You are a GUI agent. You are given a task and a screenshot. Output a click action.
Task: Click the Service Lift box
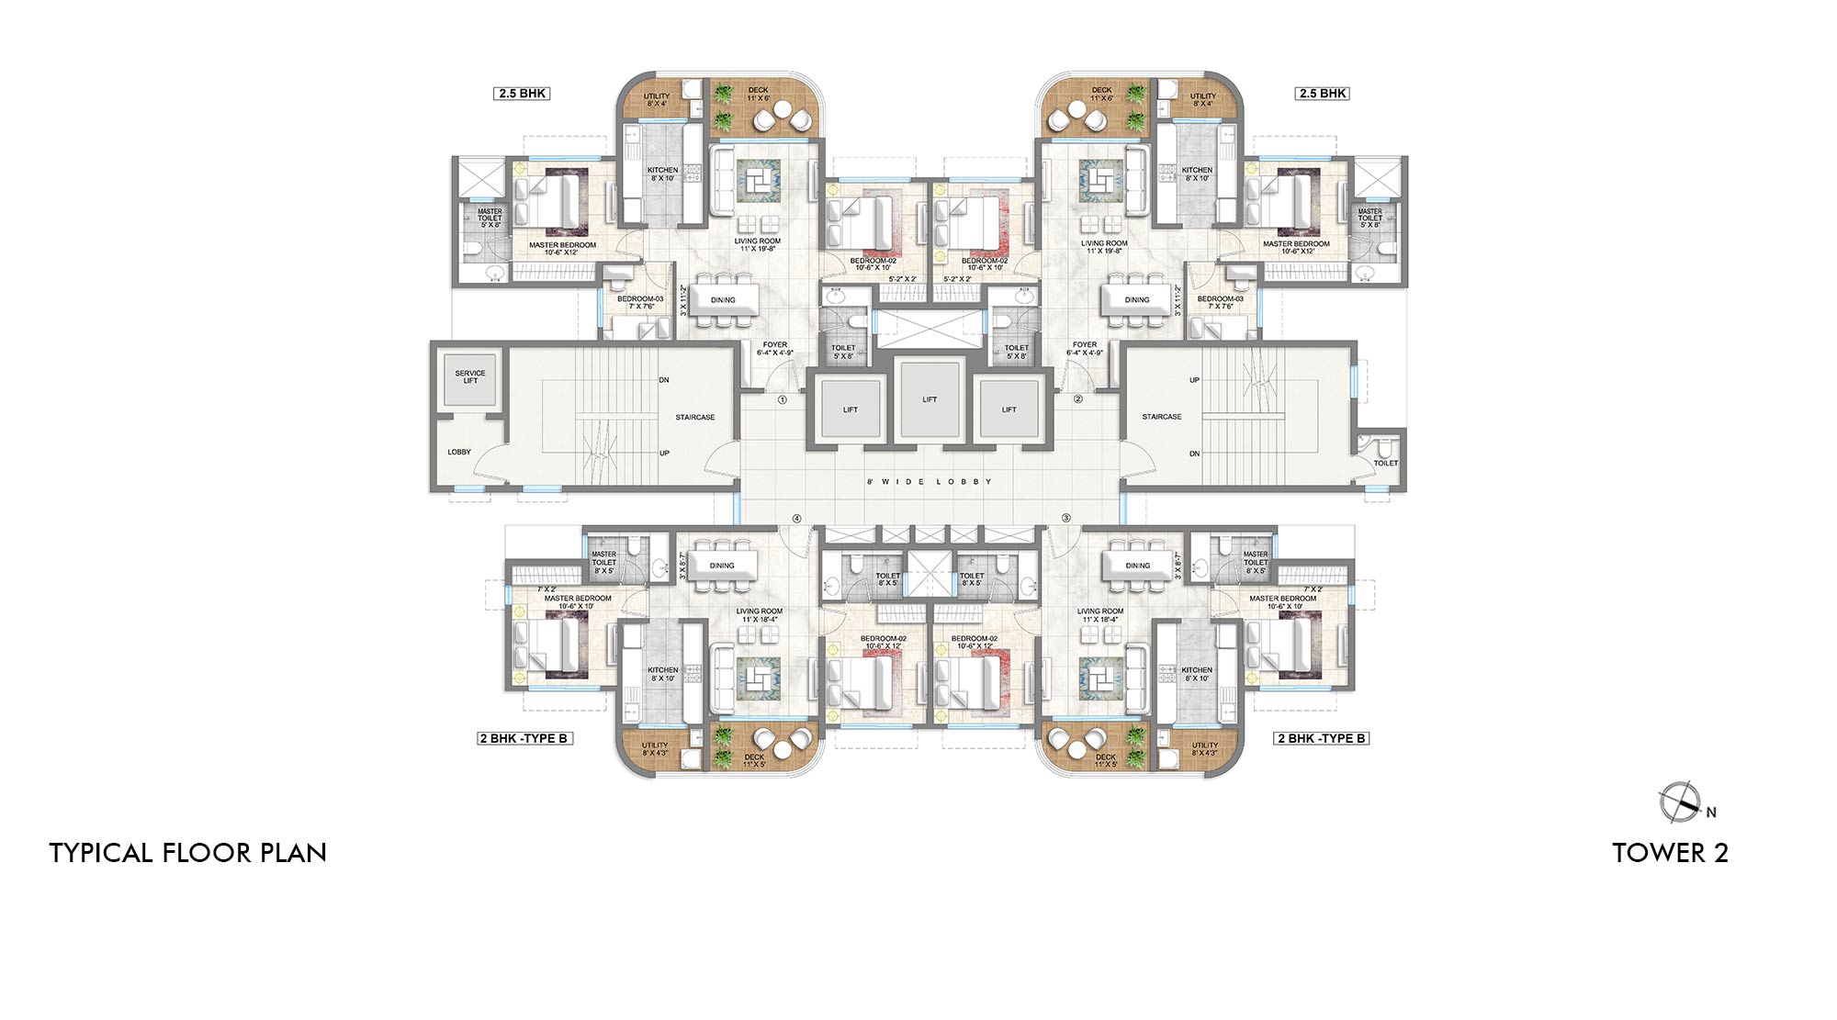pyautogui.click(x=469, y=377)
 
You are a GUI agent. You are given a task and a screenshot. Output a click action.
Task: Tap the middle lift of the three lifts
pyautogui.click(x=930, y=399)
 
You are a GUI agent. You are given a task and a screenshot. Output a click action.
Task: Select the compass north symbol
pyautogui.click(x=1680, y=801)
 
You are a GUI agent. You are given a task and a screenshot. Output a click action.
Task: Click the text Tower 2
pyautogui.click(x=1670, y=853)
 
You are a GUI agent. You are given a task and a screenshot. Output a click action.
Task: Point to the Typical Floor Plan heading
pyautogui.click(x=188, y=853)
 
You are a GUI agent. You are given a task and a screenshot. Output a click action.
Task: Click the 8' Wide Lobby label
pyautogui.click(x=930, y=481)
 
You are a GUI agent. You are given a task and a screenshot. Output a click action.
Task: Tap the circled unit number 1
pyautogui.click(x=783, y=400)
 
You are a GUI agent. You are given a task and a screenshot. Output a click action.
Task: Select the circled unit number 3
pyautogui.click(x=1066, y=519)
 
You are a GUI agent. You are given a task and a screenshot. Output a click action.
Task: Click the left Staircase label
pyautogui.click(x=694, y=417)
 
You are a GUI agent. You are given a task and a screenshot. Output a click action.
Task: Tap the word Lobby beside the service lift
pyautogui.click(x=459, y=452)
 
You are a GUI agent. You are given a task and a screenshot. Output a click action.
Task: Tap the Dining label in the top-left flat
pyautogui.click(x=723, y=300)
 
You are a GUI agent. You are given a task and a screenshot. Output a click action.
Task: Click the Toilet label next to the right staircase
pyautogui.click(x=1385, y=464)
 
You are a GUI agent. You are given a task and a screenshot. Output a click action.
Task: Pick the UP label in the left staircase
pyautogui.click(x=664, y=453)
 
